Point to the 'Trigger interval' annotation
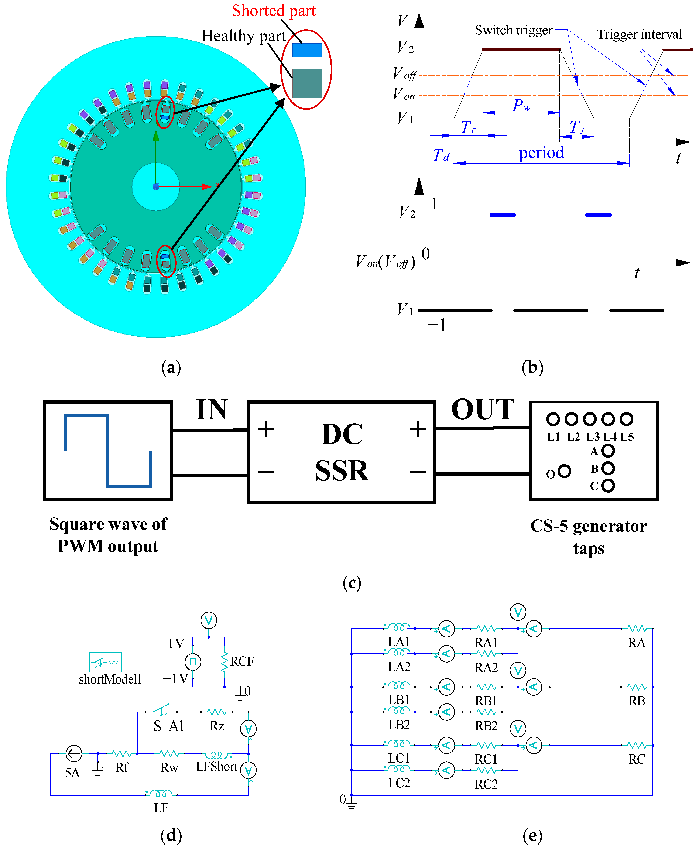(639, 35)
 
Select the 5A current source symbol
(74, 754)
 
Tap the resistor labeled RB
(637, 687)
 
